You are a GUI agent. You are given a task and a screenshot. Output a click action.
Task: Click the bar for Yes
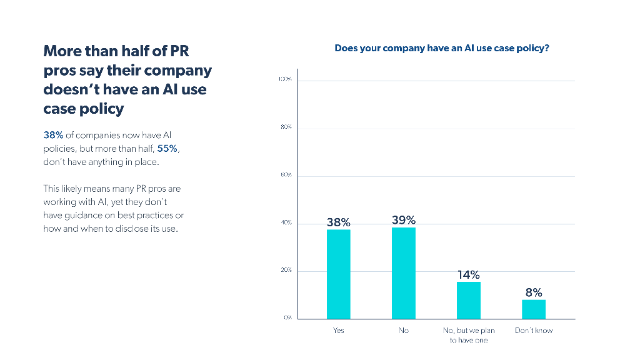[x=338, y=274]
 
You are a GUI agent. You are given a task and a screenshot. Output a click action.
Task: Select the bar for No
[x=404, y=272]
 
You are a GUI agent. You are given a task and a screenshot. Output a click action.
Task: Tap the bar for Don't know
[x=534, y=309]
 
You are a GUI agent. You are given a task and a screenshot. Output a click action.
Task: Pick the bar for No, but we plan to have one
[x=469, y=300]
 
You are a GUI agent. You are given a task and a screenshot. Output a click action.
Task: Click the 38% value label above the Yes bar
[x=338, y=222]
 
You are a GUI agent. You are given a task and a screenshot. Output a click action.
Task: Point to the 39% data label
[x=404, y=219]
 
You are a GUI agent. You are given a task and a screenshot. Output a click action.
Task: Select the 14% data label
[x=469, y=274]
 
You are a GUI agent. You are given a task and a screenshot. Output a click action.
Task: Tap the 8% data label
[x=534, y=292]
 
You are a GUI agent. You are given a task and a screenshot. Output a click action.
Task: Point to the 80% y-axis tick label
[x=286, y=127]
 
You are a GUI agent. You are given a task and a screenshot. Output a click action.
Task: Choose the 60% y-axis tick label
[x=286, y=175]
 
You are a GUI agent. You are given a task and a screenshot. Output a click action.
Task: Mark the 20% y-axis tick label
[x=286, y=271]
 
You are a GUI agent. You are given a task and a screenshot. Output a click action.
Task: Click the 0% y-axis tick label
[x=287, y=318]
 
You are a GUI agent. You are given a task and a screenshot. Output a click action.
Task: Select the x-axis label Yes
[x=338, y=331]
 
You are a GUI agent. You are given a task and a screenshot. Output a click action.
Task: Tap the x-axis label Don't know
[x=534, y=331]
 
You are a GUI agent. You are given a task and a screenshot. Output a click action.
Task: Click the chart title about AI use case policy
[x=442, y=48]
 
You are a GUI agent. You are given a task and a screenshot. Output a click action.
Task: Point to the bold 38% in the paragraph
[x=53, y=135]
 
